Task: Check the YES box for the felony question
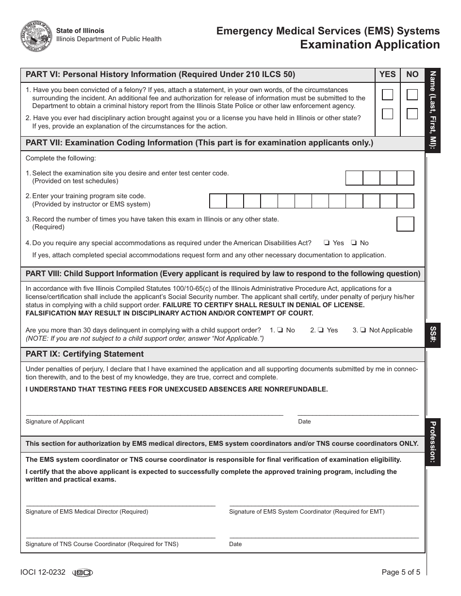pyautogui.click(x=388, y=94)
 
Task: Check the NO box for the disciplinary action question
pyautogui.click(x=412, y=114)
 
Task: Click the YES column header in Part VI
pyautogui.click(x=387, y=74)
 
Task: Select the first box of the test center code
pyautogui.click(x=354, y=178)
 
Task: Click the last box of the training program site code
pyautogui.click(x=405, y=201)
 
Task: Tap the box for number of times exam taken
pyautogui.click(x=405, y=224)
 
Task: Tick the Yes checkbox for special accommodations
pyautogui.click(x=328, y=243)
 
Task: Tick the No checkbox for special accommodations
pyautogui.click(x=354, y=243)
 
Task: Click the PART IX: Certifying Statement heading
pyautogui.click(x=84, y=354)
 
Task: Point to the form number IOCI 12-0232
pyautogui.click(x=43, y=572)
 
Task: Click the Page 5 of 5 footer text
pyautogui.click(x=401, y=572)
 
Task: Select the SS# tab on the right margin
pyautogui.click(x=432, y=335)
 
